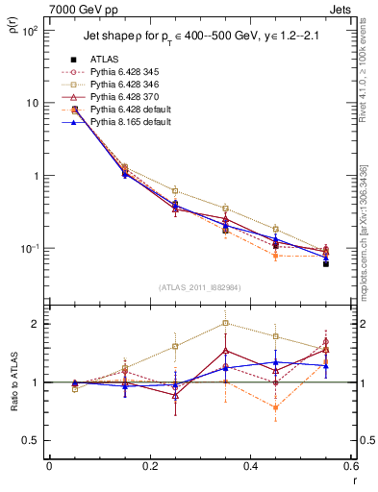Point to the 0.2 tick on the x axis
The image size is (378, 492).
tap(149, 466)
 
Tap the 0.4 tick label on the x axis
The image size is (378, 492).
tap(250, 466)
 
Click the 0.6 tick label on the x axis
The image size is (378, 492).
tap(350, 466)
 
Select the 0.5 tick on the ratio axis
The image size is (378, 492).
tap(33, 440)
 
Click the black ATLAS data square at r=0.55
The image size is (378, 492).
tap(326, 263)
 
